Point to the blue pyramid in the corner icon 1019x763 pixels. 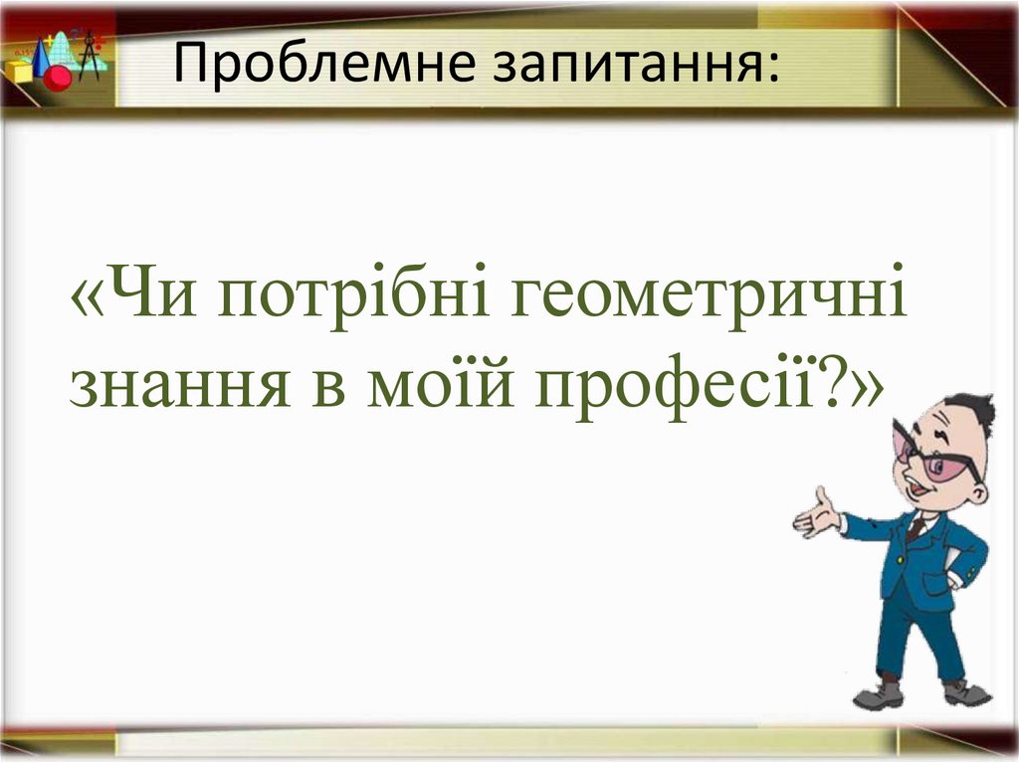[x=42, y=60]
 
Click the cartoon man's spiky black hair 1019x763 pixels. [x=970, y=411]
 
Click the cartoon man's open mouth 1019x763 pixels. [x=916, y=493]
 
